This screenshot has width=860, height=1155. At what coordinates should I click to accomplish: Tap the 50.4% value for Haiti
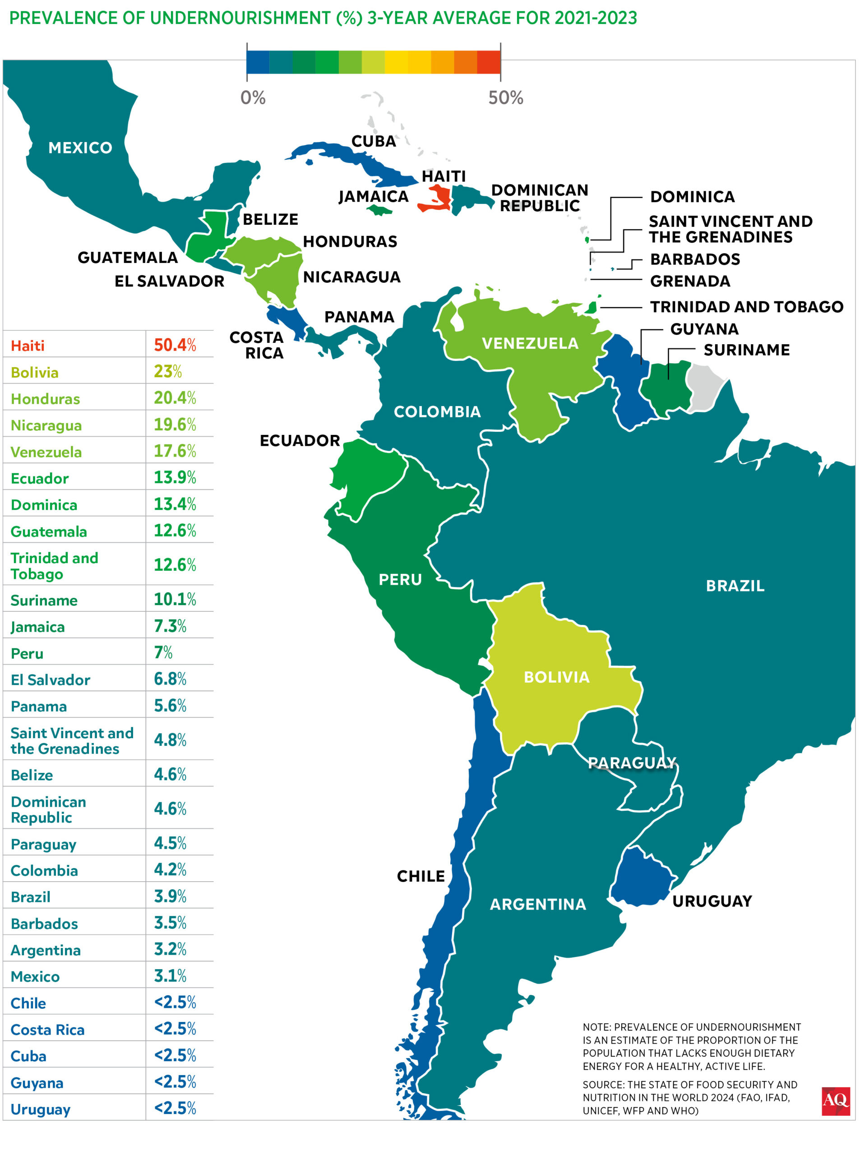175,345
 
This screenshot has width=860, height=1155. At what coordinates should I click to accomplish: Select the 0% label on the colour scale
253,98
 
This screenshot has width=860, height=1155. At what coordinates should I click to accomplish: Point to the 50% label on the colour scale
505,98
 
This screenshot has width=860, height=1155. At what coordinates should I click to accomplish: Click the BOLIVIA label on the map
556,677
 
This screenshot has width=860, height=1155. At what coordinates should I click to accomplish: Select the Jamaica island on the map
379,210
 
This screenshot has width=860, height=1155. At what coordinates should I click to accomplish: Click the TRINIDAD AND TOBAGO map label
746,307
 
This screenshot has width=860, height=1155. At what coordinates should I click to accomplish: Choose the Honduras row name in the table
45,399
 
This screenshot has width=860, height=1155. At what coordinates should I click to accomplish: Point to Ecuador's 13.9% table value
175,477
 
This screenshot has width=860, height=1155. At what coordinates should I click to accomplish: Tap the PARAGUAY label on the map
632,762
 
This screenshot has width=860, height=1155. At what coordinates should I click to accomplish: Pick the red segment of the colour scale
488,62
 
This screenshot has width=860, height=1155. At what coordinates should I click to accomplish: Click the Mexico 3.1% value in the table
170,975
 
